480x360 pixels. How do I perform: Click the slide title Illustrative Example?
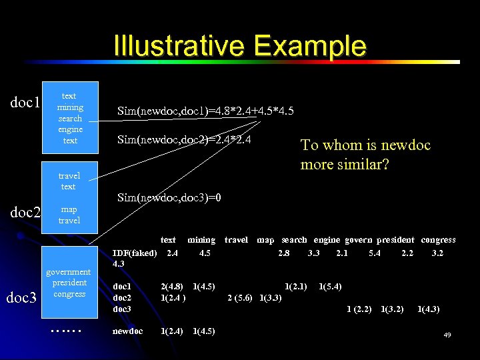click(240, 46)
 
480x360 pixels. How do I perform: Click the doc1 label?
click(26, 103)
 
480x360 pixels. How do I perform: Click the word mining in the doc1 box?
click(70, 107)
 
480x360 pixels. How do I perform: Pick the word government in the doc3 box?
click(68, 272)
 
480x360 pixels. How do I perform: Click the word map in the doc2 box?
click(69, 209)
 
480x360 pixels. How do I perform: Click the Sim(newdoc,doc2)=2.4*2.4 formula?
click(184, 139)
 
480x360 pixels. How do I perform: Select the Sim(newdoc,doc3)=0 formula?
click(169, 198)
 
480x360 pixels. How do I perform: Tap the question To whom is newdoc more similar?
click(366, 154)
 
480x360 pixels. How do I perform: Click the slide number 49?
click(447, 335)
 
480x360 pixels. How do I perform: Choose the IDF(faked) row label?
click(135, 253)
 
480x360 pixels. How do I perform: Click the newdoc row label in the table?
click(127, 331)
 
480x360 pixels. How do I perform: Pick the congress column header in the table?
click(438, 240)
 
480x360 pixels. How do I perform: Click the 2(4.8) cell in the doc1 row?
click(172, 287)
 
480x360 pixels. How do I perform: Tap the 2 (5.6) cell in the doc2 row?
click(240, 298)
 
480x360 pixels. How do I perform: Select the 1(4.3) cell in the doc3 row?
click(428, 309)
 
